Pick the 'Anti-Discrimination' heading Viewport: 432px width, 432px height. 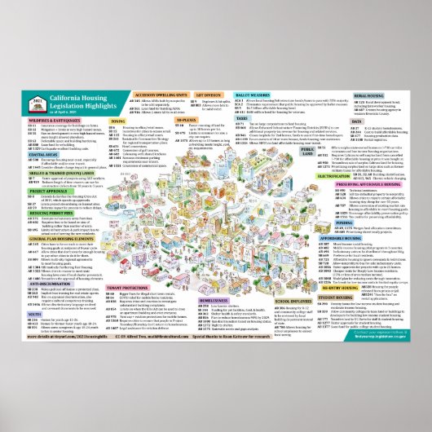pyautogui.click(x=33, y=285)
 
